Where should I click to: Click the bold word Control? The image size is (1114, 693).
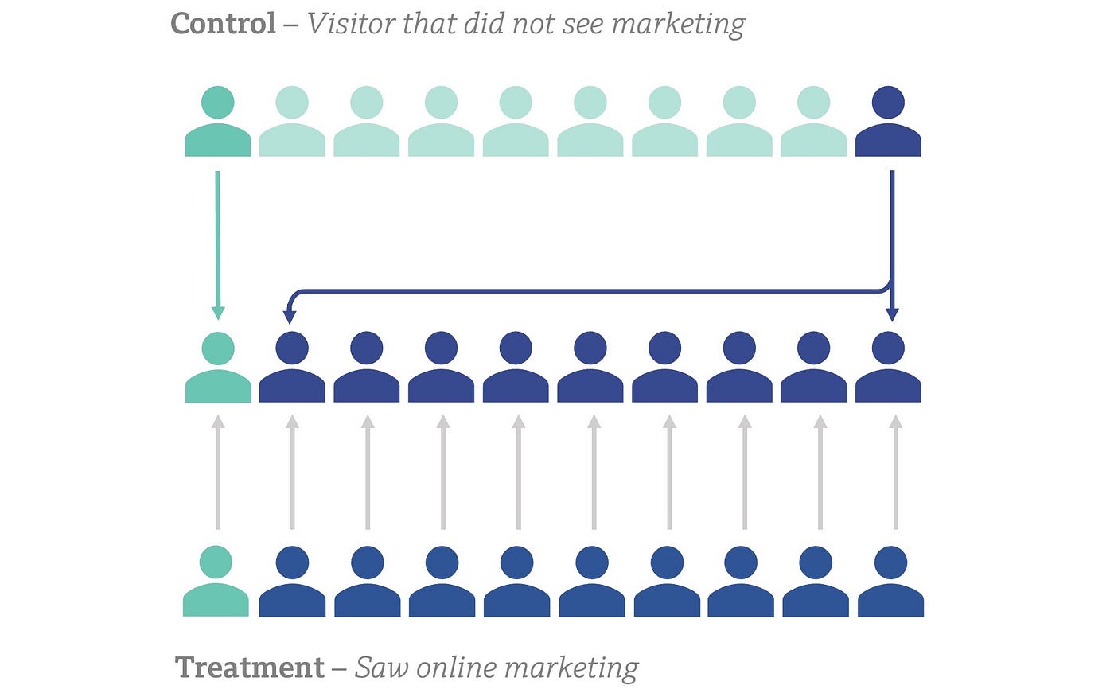(x=224, y=24)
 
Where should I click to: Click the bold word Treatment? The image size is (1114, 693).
(x=250, y=667)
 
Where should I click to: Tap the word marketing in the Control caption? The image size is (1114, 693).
(x=678, y=24)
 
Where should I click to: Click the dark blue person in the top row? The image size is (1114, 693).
(x=888, y=123)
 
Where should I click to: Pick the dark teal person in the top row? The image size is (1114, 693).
(x=217, y=123)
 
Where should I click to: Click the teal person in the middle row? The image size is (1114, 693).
(x=217, y=368)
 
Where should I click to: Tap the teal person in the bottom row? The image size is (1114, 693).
(x=216, y=582)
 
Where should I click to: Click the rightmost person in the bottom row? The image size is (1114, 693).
(x=890, y=582)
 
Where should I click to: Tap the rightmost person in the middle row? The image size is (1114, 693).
(x=888, y=368)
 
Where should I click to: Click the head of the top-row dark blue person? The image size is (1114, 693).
(x=888, y=103)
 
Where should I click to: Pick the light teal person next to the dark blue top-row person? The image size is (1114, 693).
(x=813, y=123)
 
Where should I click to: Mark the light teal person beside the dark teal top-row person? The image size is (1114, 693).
(x=292, y=123)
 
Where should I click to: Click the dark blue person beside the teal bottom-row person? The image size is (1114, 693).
(x=292, y=582)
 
